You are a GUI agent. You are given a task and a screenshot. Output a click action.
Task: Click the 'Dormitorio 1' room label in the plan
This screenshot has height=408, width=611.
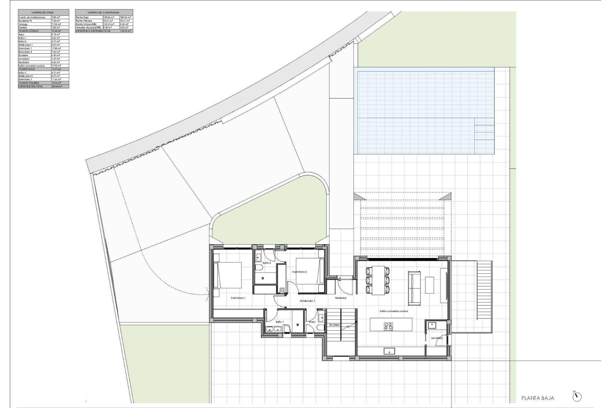pos(238,298)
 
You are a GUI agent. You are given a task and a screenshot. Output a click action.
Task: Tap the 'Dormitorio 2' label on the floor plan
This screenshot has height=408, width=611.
pos(299,272)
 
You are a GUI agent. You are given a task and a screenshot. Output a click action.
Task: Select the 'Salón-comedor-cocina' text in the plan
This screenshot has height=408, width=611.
pos(394,311)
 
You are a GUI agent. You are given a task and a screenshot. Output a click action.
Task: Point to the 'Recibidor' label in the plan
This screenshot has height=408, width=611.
pos(341,298)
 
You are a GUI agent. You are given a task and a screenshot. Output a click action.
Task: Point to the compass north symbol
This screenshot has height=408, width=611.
pos(577,397)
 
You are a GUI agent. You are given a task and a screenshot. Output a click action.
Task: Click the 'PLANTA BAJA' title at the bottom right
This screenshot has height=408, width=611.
pos(538,398)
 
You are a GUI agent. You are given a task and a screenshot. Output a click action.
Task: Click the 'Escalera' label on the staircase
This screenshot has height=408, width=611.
pos(334,325)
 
